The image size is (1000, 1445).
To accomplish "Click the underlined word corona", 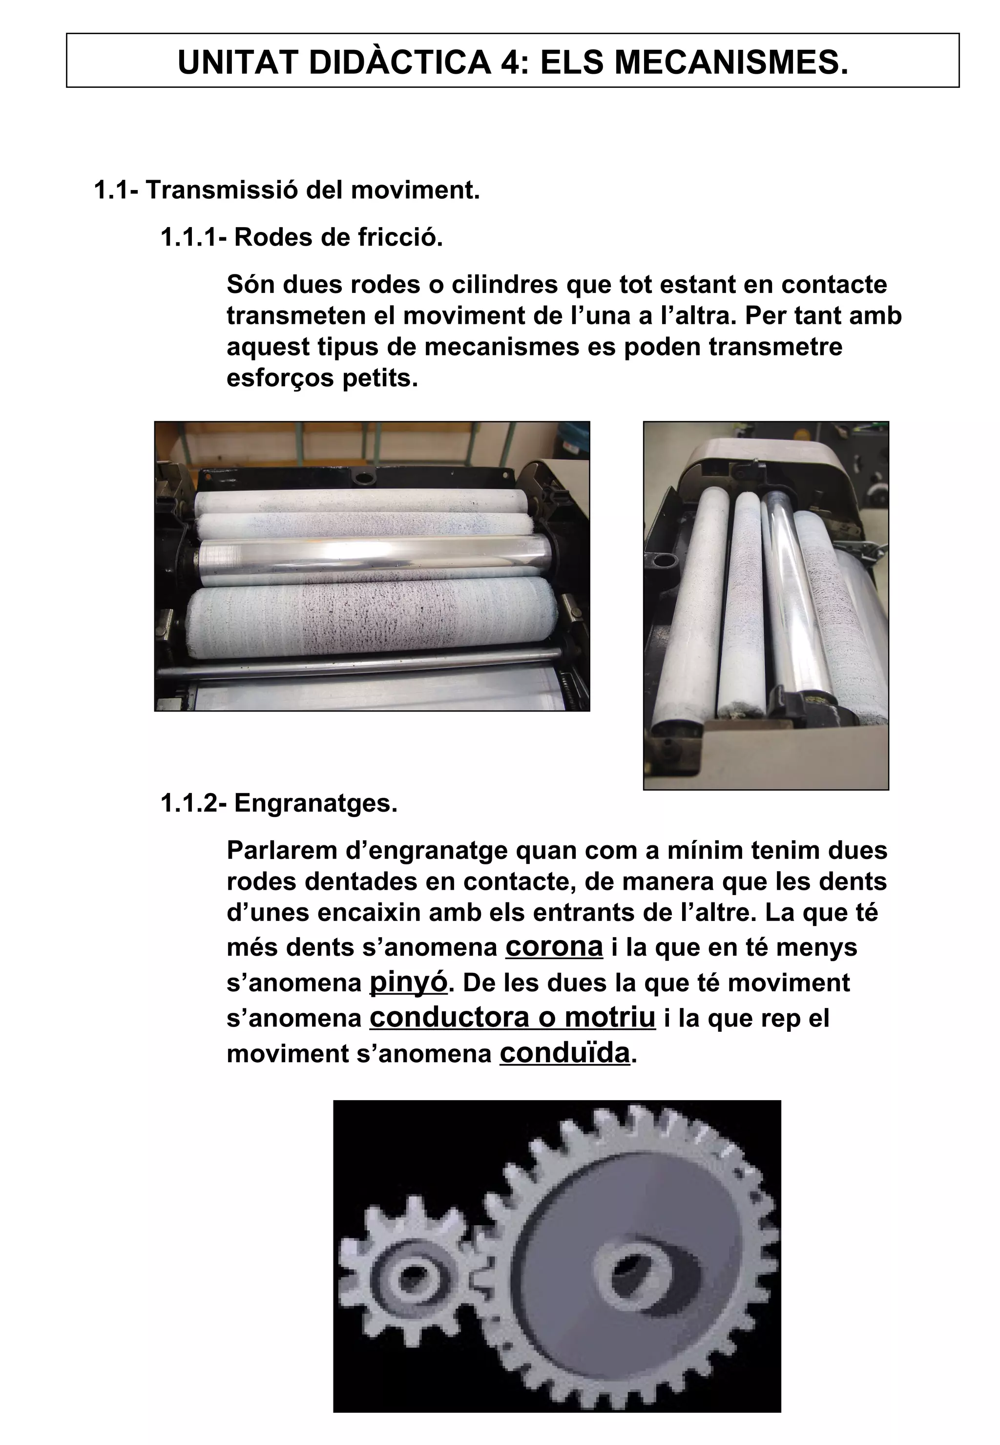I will pyautogui.click(x=554, y=946).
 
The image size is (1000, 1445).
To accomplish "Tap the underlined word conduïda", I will pyautogui.click(x=564, y=1053).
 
